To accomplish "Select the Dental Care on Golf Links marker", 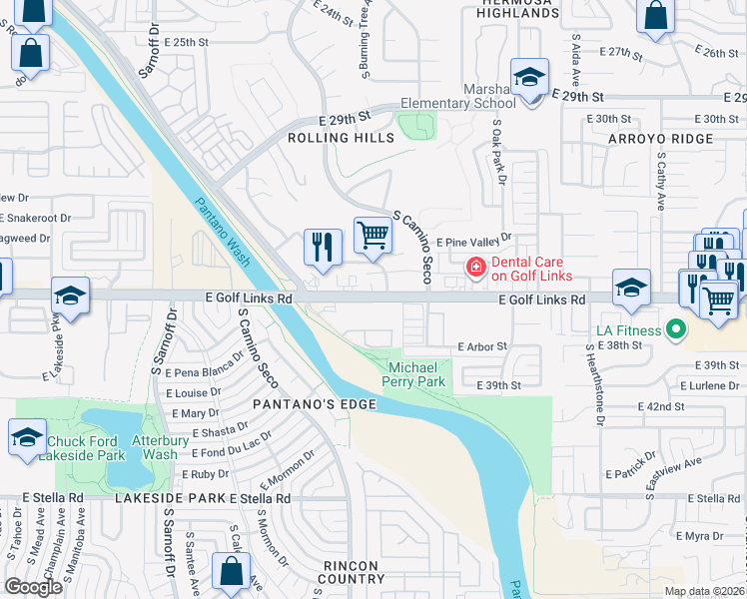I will [x=475, y=267].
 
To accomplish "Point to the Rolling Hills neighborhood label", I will [x=341, y=138].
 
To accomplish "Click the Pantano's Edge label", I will [x=314, y=404].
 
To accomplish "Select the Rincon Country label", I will [x=353, y=571].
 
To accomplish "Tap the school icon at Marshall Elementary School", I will [x=529, y=77].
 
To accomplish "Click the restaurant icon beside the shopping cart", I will [x=323, y=246].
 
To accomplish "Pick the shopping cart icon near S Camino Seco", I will [x=373, y=236].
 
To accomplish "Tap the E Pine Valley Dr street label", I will [x=473, y=240].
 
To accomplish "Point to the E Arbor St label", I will [x=482, y=346].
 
